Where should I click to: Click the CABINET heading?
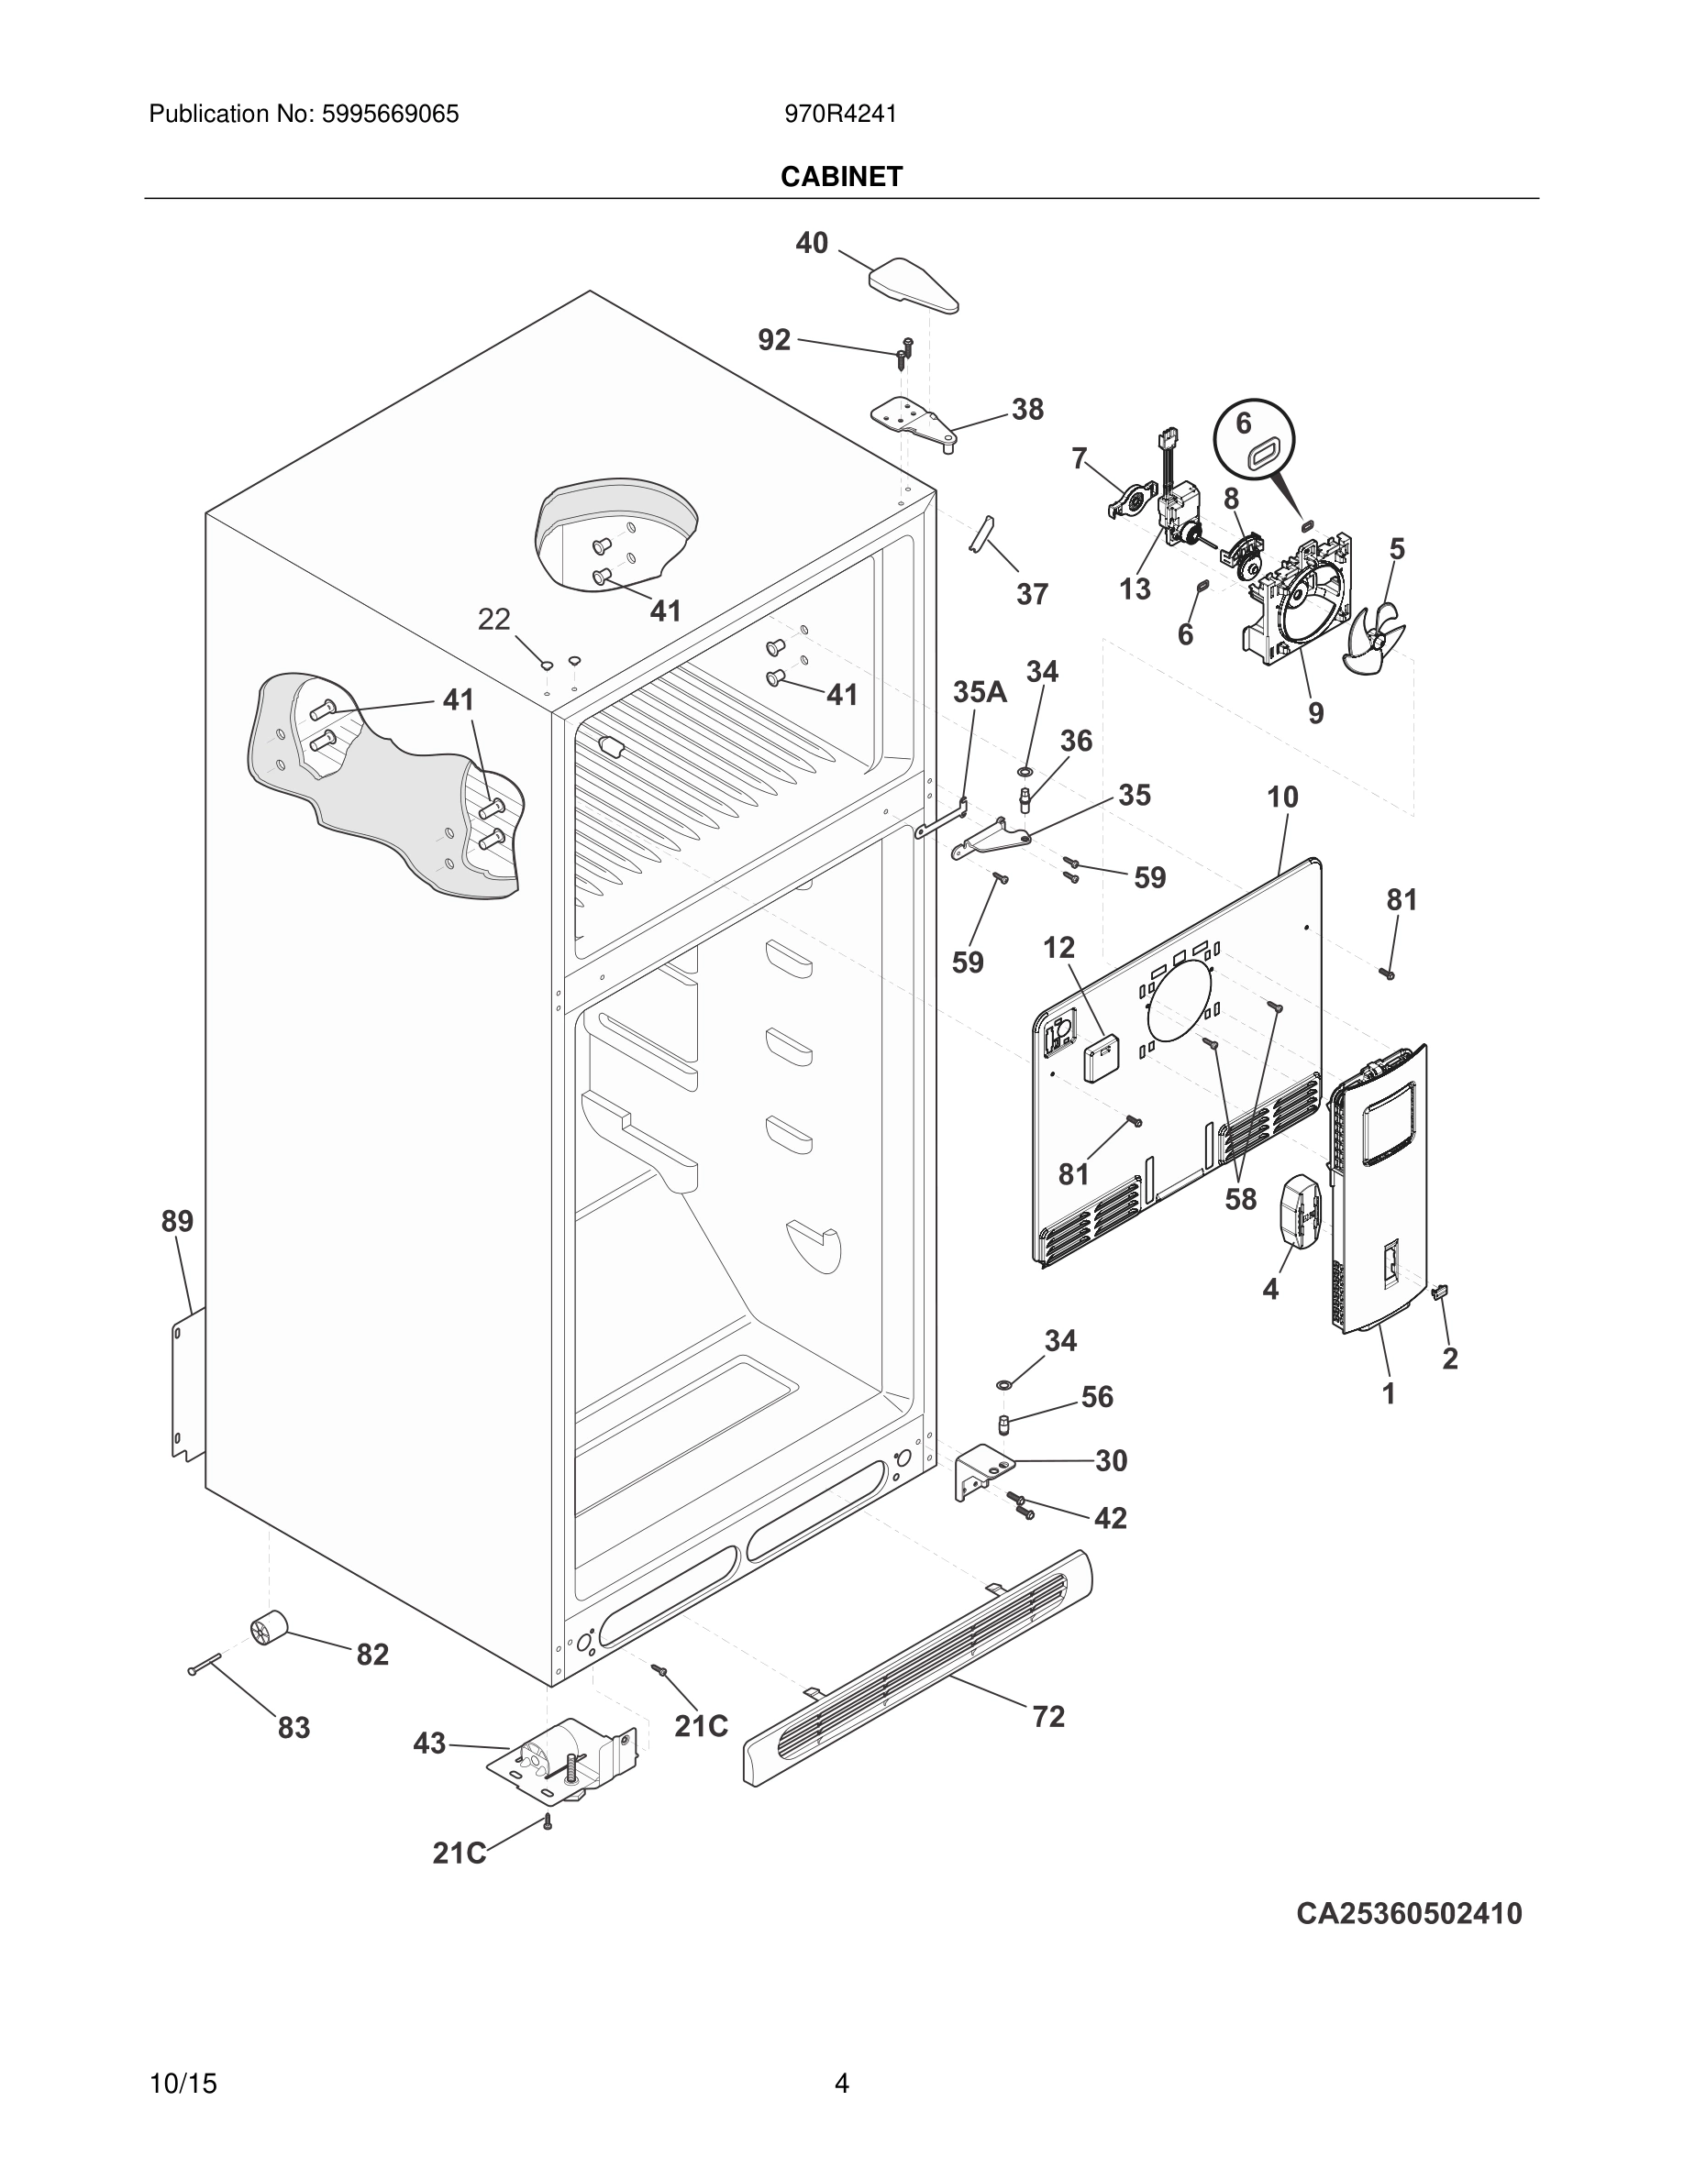(841, 177)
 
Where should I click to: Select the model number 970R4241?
(840, 115)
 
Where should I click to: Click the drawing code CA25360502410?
(1409, 1914)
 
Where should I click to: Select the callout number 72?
(1048, 1716)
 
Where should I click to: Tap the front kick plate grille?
(918, 1666)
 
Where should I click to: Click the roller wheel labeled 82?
(267, 1629)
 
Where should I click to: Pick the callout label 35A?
(979, 692)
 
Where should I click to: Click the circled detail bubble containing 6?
(1253, 442)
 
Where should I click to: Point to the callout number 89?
(178, 1221)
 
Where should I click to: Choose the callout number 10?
(1282, 797)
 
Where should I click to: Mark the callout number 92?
(774, 340)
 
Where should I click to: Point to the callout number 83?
(294, 1727)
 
